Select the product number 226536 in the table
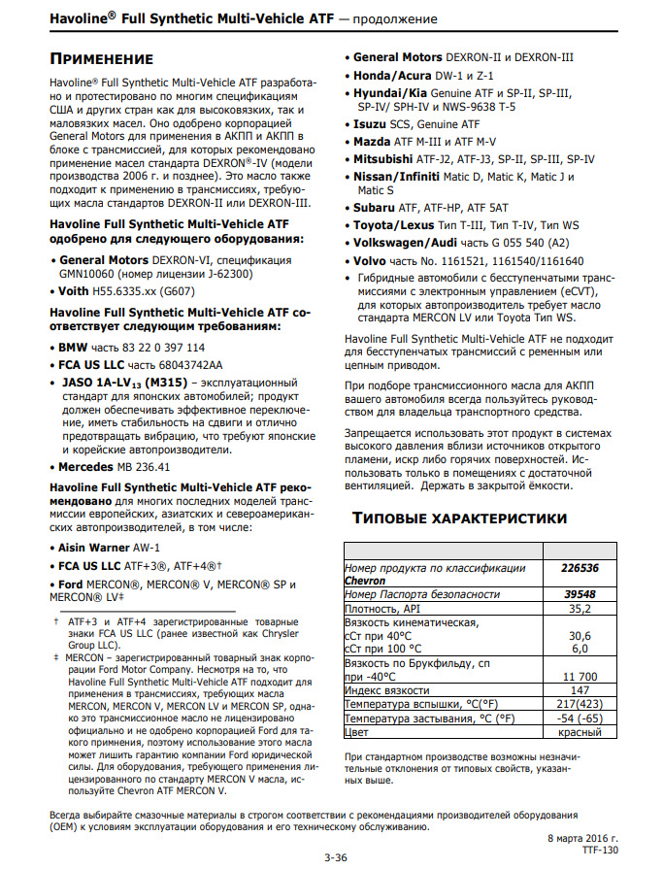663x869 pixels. [579, 567]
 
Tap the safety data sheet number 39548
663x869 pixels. [579, 593]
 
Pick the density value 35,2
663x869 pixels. [579, 608]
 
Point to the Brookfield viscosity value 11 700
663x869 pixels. [579, 676]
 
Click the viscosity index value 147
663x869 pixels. [579, 690]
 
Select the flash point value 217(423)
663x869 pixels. [579, 704]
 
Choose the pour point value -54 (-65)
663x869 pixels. [579, 719]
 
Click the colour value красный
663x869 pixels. [579, 732]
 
